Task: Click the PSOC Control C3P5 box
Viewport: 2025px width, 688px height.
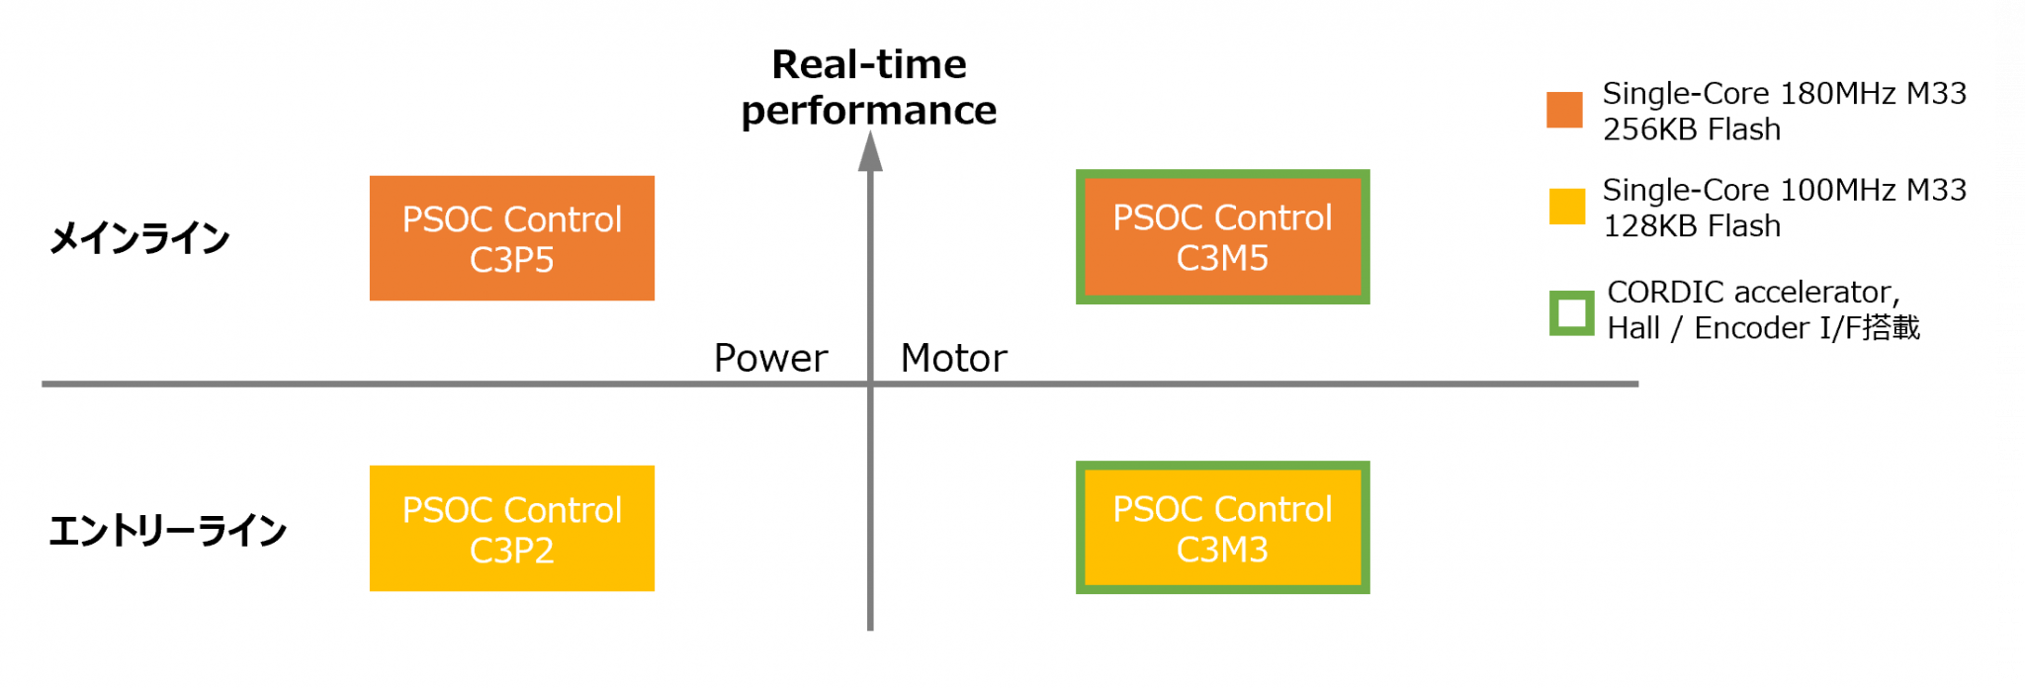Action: (x=511, y=238)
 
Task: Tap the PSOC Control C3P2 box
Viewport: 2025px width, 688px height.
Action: (x=511, y=529)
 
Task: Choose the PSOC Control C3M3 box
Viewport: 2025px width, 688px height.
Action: (x=1222, y=528)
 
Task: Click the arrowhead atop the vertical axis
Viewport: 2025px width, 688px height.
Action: (x=870, y=151)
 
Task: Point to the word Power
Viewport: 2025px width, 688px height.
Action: (x=770, y=358)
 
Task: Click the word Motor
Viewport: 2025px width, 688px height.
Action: (x=953, y=358)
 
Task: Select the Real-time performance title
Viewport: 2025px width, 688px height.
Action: (x=869, y=87)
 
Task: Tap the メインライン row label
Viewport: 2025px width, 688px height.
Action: (x=139, y=238)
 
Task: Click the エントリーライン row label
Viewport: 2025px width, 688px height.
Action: (x=167, y=531)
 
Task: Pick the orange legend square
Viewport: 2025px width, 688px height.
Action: (x=1564, y=110)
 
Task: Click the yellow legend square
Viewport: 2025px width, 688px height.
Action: (x=1566, y=207)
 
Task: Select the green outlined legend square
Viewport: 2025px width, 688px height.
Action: (x=1571, y=313)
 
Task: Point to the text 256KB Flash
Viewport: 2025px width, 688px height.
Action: (x=1691, y=129)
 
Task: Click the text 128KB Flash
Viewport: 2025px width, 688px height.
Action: (x=1691, y=226)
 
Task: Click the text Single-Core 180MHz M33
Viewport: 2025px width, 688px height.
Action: (x=1784, y=93)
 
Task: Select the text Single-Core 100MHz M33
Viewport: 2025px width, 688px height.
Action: (x=1784, y=190)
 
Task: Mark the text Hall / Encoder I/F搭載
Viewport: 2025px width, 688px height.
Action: (x=1763, y=328)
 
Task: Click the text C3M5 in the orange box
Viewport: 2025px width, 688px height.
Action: (x=1222, y=259)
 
